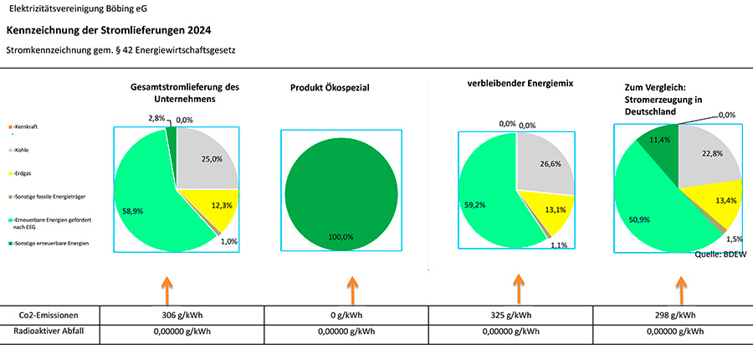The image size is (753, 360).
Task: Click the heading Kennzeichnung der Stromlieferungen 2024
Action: pos(108,30)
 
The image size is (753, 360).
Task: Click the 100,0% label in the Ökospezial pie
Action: pos(341,237)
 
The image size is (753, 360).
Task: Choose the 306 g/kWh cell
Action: pos(182,316)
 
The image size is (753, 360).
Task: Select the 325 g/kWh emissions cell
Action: pos(510,316)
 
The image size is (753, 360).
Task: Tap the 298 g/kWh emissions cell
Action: pos(674,316)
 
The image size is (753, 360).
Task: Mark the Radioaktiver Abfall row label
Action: pos(49,332)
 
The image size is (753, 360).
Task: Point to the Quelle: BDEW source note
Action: pos(720,253)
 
